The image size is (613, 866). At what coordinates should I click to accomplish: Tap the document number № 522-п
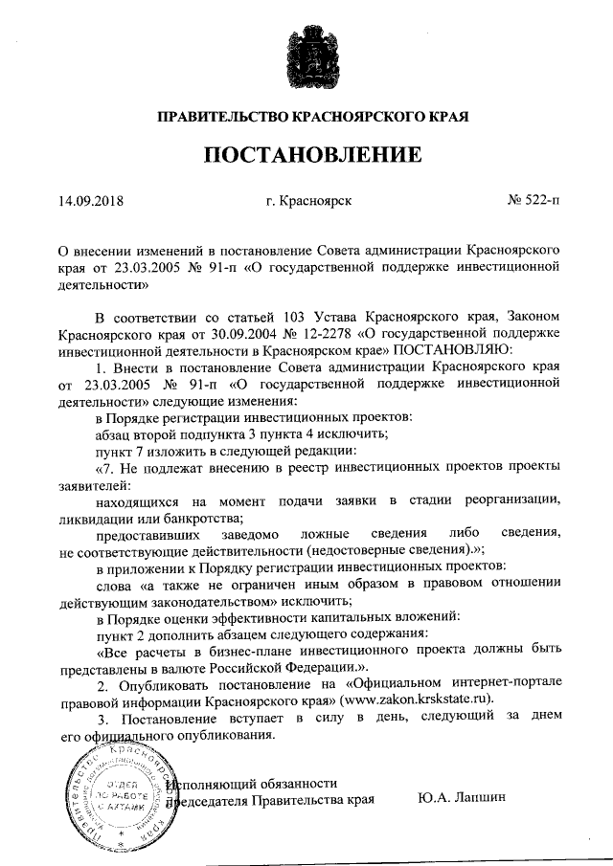534,202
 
